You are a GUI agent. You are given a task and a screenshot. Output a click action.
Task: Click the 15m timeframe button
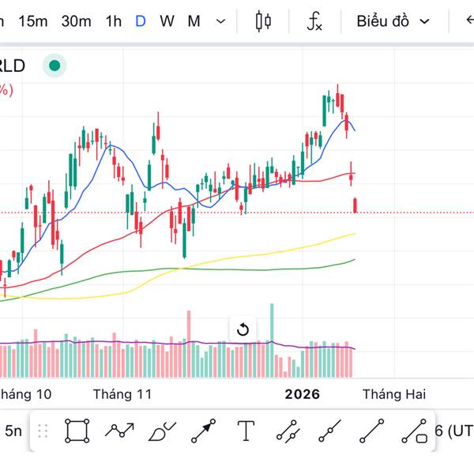pos(32,21)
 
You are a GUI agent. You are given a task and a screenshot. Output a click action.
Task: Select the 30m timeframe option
pos(76,21)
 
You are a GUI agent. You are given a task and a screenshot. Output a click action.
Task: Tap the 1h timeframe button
pos(113,21)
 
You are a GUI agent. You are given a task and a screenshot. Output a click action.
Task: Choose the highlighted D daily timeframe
pos(141,21)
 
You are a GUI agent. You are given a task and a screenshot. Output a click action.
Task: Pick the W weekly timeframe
pos(167,21)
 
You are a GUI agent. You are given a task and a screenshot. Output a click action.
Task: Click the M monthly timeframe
pos(194,21)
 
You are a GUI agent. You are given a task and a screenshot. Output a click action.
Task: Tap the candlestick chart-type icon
pos(263,21)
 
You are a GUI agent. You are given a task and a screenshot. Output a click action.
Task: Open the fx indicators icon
pos(314,21)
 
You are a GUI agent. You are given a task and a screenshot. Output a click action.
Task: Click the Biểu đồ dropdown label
pos(383,21)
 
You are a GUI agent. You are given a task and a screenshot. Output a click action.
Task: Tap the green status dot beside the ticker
pos(54,66)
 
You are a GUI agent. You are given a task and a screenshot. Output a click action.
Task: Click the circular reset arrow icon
pos(243,329)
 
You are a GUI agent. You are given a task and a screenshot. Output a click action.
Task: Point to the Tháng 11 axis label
pos(122,393)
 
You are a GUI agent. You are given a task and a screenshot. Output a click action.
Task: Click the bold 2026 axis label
pos(303,393)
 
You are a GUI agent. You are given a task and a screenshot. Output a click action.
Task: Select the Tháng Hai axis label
pos(393,393)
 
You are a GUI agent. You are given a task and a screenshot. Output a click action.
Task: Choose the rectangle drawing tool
pos(77,431)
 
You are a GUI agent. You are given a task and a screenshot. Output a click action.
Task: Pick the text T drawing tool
pos(246,431)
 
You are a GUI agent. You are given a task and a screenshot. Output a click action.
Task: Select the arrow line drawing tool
pos(203,431)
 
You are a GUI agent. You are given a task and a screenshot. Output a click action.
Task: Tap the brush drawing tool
pos(162,431)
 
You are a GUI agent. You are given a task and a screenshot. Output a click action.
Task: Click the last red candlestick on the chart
pos(355,205)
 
